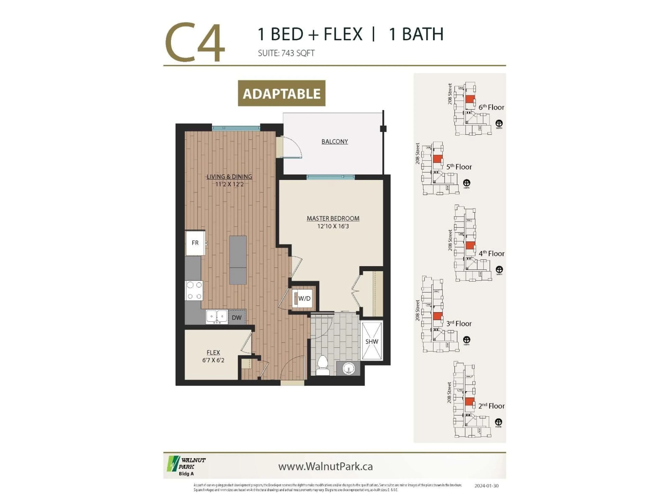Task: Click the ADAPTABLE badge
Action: pos(281,93)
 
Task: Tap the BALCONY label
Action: pos(334,141)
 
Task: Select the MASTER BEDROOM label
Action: pos(333,218)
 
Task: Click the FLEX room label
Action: pos(213,352)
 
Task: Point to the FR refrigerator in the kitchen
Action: pos(195,243)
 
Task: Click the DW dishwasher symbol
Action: pos(237,317)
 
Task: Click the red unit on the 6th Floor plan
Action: pos(470,99)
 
